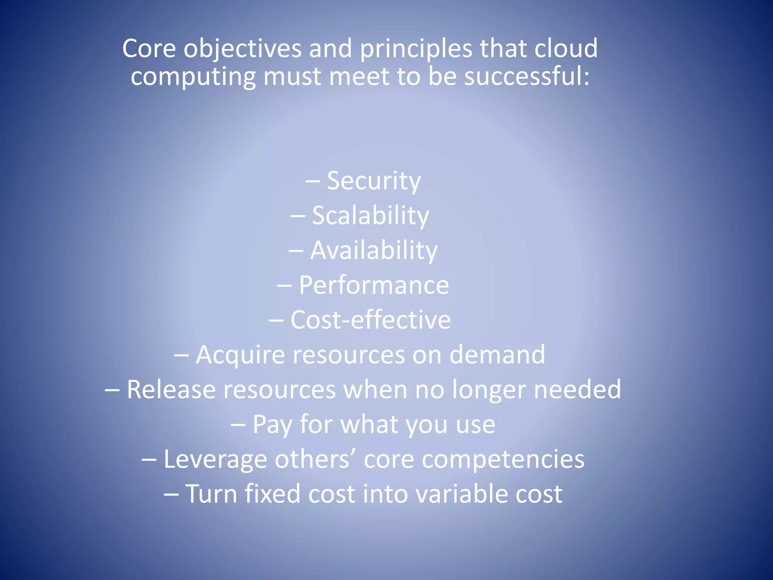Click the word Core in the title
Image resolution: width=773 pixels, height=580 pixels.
pos(149,49)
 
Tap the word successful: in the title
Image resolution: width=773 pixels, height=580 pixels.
pos(527,77)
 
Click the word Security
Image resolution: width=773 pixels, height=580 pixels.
pos(373,181)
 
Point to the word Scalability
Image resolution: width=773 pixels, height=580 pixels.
pos(370,216)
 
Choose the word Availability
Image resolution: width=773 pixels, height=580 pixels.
pos(374,251)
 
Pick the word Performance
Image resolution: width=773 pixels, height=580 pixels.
pos(374,285)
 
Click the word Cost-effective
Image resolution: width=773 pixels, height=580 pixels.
pos(370,320)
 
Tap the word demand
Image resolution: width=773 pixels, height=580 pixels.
pos(497,355)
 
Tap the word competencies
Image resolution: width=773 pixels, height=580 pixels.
pos(503,460)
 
